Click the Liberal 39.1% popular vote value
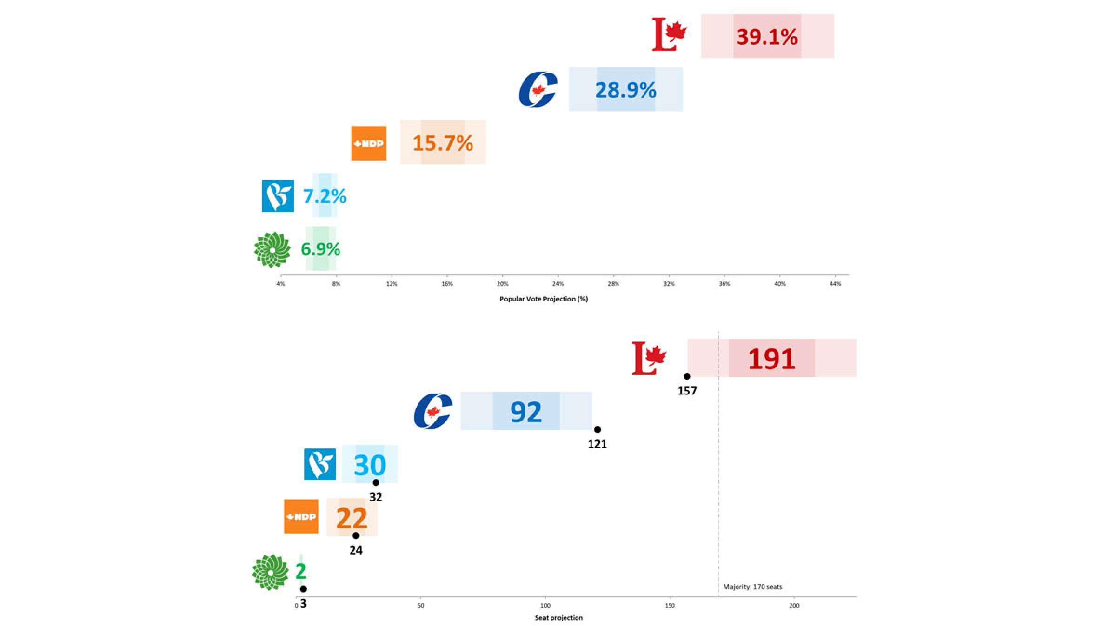[x=767, y=37]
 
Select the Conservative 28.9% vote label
[x=625, y=90]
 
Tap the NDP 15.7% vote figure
[x=443, y=143]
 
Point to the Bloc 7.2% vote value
[x=325, y=196]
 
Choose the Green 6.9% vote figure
[x=320, y=249]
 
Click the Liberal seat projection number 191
[x=771, y=359]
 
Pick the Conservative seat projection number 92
[x=526, y=412]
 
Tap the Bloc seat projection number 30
[x=370, y=465]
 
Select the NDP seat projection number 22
[x=352, y=518]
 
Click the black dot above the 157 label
[x=687, y=376]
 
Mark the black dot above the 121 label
[x=598, y=429]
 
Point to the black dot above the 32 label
[x=376, y=482]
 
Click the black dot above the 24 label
[x=356, y=535]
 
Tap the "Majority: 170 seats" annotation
[x=752, y=587]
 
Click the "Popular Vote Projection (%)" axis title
[x=544, y=299]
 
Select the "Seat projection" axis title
[x=558, y=617]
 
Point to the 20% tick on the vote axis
[x=502, y=284]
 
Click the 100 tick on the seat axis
[x=545, y=605]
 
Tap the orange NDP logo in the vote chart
[x=368, y=143]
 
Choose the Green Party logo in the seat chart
[x=270, y=572]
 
